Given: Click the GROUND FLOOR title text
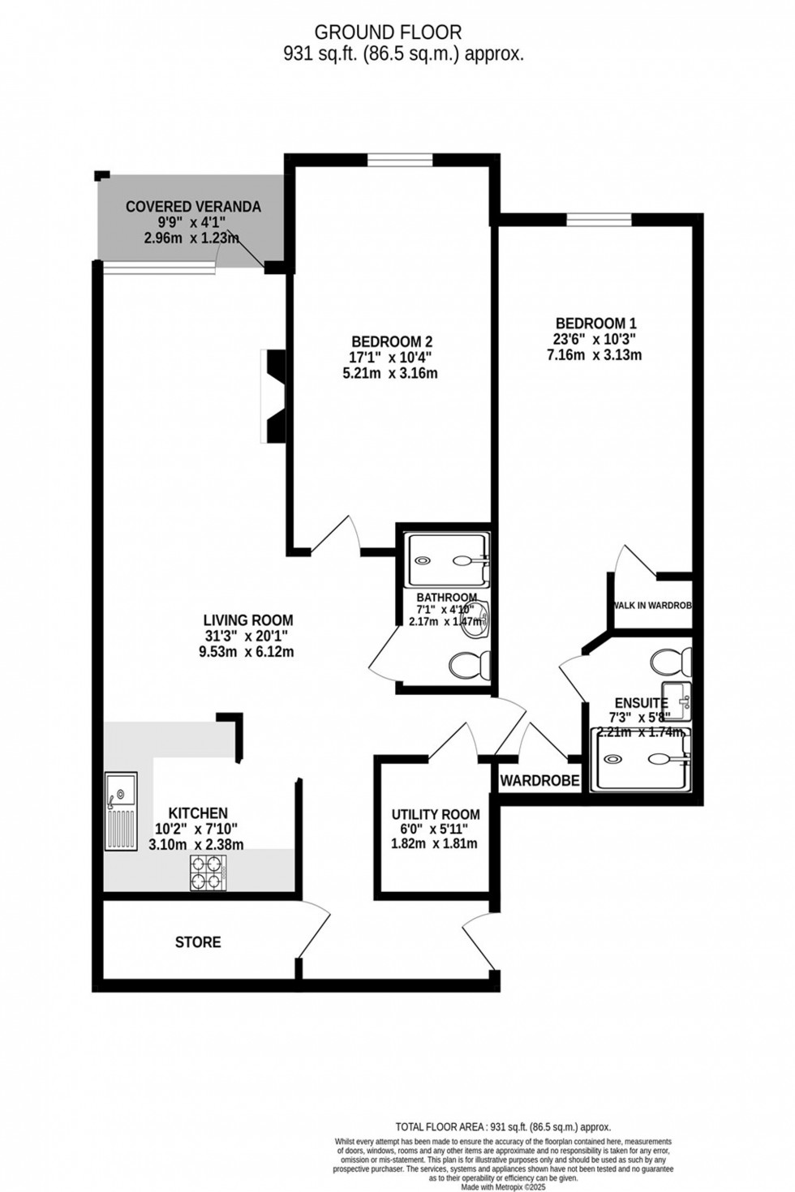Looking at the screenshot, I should (388, 32).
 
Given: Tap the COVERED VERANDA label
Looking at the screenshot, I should (193, 207).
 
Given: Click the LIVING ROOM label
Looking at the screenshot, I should (247, 620).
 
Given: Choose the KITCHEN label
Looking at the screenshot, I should (197, 813).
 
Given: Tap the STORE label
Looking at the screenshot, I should (198, 942).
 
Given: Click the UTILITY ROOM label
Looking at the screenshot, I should (436, 814).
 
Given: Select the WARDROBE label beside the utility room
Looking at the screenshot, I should (539, 781).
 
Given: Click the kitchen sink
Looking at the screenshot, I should (120, 811).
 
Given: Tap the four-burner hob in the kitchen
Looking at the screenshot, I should (207, 873).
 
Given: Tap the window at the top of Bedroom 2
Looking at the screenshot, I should (399, 161).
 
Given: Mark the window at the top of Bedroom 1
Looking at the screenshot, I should (599, 218).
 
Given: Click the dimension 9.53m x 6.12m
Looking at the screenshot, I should (247, 652).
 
